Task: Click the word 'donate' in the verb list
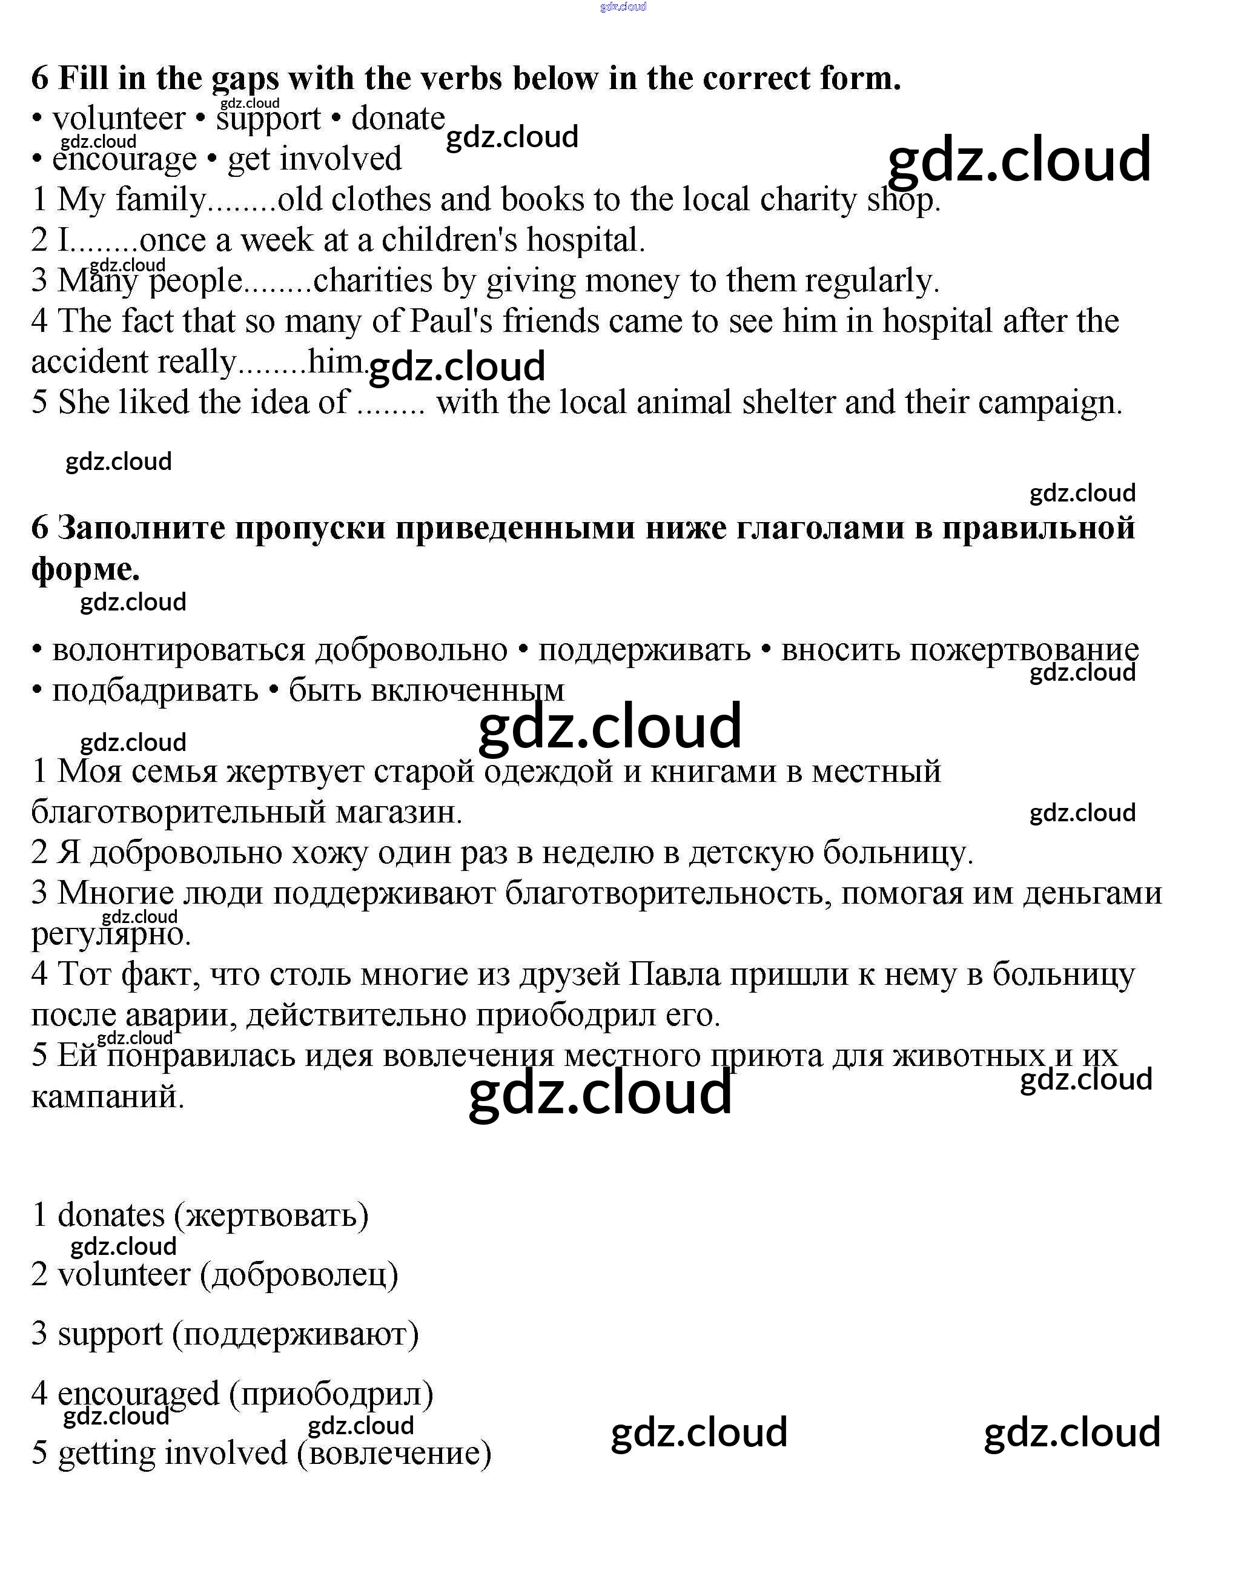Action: [x=398, y=119]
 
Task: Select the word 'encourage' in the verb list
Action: [x=124, y=160]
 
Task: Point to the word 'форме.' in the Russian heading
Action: [x=85, y=569]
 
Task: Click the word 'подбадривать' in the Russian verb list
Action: [x=155, y=690]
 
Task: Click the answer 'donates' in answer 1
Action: [x=111, y=1216]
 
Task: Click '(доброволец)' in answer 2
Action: [x=299, y=1276]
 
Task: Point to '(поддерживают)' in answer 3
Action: [x=295, y=1334]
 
